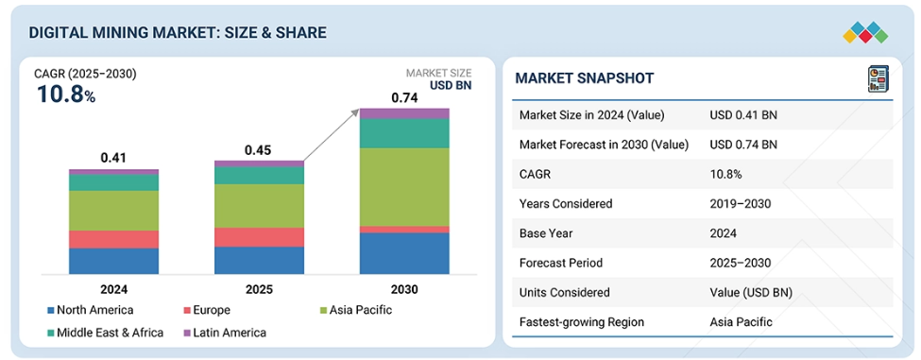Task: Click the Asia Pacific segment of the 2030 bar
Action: [404, 187]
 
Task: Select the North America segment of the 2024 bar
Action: [113, 261]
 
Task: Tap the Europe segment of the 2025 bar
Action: [259, 237]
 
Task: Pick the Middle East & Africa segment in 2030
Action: [404, 133]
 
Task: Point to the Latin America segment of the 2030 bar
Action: [404, 114]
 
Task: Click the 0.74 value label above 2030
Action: [404, 98]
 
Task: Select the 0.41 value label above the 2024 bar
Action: [113, 158]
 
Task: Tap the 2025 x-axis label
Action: [259, 289]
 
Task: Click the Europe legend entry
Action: [207, 310]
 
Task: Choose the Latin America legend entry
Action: [225, 333]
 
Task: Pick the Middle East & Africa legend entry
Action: [106, 333]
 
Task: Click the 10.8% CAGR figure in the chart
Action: [66, 94]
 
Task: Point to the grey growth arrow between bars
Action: [332, 134]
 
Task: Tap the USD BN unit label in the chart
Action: [451, 86]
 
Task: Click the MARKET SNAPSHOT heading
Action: [584, 78]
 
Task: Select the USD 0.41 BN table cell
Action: [743, 115]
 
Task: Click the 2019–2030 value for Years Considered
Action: [740, 204]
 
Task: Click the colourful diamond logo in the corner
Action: [865, 33]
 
